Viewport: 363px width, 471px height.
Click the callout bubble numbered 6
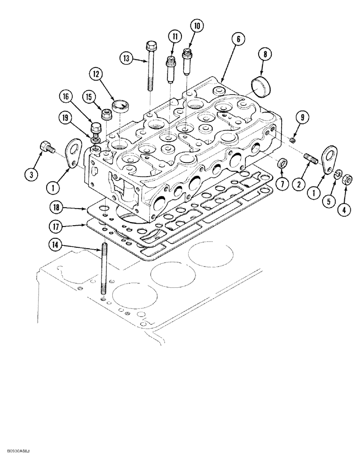pos(238,40)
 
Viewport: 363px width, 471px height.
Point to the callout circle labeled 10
pos(197,26)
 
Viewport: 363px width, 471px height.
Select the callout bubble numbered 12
pos(97,74)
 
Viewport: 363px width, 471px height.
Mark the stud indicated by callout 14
pos(103,274)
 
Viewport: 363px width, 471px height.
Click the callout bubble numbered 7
pos(282,185)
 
